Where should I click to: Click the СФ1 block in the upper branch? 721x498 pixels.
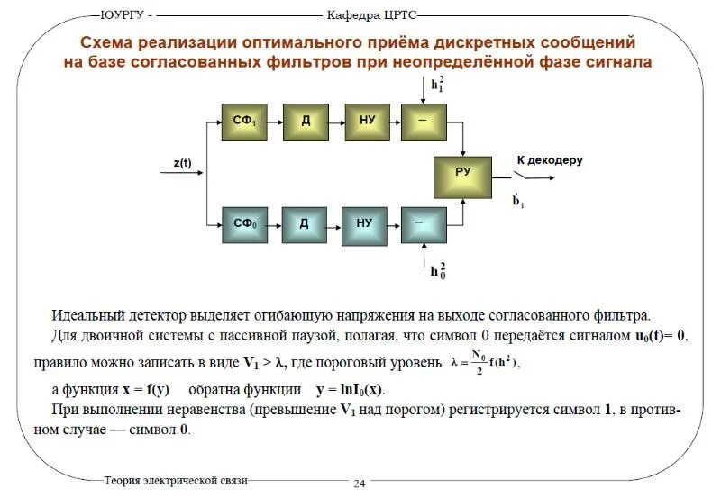tap(245, 121)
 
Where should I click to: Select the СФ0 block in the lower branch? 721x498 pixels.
tap(245, 222)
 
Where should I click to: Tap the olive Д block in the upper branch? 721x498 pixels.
tap(306, 121)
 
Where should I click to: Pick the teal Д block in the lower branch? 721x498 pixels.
tap(306, 222)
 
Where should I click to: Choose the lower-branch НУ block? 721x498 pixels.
tap(365, 222)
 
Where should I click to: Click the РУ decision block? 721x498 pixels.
tap(463, 175)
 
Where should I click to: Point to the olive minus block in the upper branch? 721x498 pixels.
tap(427, 121)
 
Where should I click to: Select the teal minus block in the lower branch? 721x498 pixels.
tap(425, 222)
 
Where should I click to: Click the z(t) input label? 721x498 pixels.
tap(183, 163)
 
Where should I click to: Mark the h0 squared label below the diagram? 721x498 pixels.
tap(438, 271)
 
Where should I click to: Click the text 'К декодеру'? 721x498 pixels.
tap(550, 160)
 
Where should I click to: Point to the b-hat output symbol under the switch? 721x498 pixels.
tap(518, 201)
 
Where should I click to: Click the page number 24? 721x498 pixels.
tap(359, 484)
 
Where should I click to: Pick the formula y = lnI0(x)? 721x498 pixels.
tap(349, 390)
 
